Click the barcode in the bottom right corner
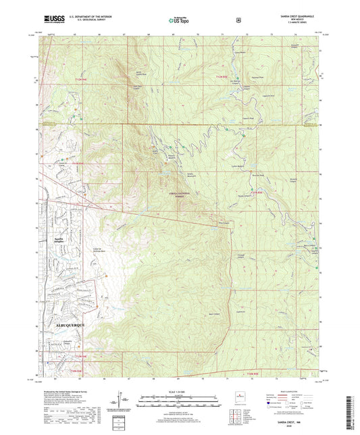point(348,409)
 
